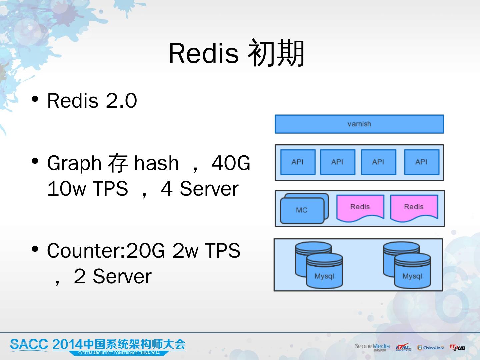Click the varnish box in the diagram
(359, 124)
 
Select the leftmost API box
(298, 162)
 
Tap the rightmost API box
(421, 162)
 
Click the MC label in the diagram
(302, 210)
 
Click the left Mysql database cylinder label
(324, 276)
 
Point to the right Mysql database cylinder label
(412, 276)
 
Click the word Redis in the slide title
(203, 53)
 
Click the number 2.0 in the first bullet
(121, 101)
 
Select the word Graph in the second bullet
(74, 163)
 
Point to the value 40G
(231, 163)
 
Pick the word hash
(156, 163)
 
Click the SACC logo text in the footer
(29, 345)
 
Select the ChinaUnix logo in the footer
(430, 348)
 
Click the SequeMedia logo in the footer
(372, 347)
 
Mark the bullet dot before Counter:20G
(35, 249)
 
